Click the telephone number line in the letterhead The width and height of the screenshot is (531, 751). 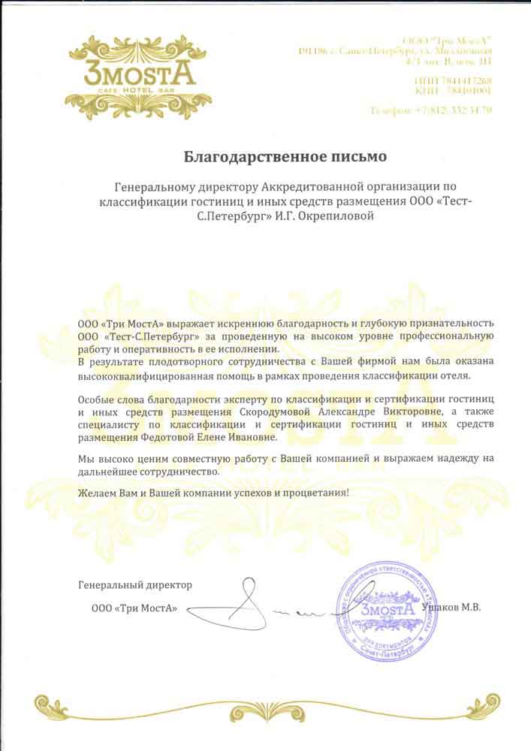[x=431, y=110]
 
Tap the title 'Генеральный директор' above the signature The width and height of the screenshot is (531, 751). [x=135, y=584]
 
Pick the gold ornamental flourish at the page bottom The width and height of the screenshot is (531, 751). [x=265, y=707]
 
